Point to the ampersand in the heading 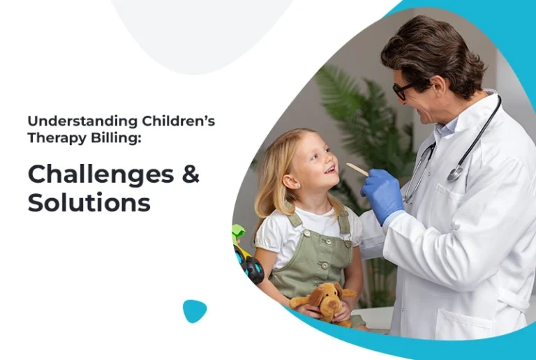tap(191, 174)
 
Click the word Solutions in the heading tap(89, 202)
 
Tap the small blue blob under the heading tap(195, 310)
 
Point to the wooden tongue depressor tap(357, 170)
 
